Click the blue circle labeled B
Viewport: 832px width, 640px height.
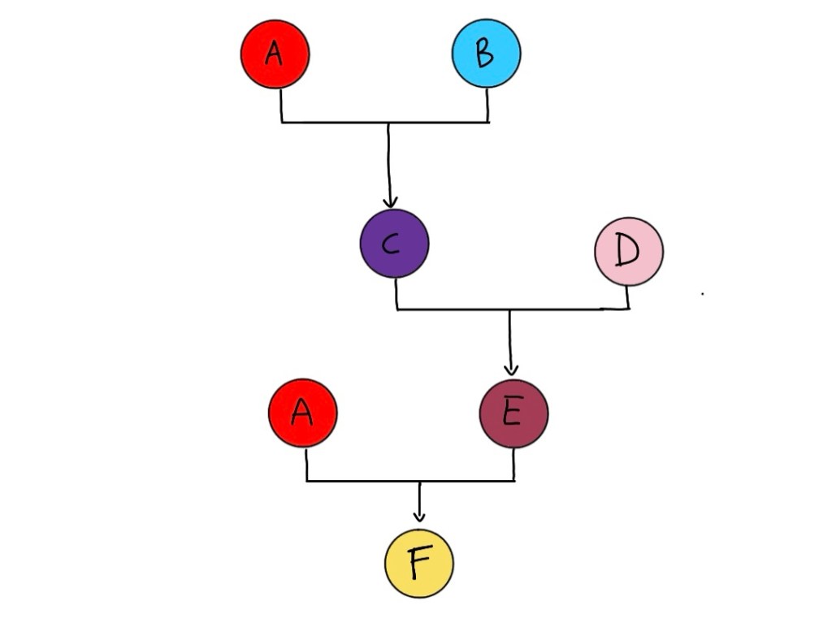pyautogui.click(x=486, y=53)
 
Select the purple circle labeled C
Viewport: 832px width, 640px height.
pyautogui.click(x=394, y=244)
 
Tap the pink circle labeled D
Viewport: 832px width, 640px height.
pyautogui.click(x=629, y=252)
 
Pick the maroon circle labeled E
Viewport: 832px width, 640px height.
pyautogui.click(x=513, y=413)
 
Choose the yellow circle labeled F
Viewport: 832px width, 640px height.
pyautogui.click(x=419, y=563)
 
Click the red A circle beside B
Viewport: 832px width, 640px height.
pyautogui.click(x=275, y=54)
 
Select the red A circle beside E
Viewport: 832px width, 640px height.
pyautogui.click(x=302, y=413)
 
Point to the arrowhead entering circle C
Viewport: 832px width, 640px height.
pyautogui.click(x=390, y=201)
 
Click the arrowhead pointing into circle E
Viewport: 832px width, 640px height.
pyautogui.click(x=511, y=370)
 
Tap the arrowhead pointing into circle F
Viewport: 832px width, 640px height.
pyautogui.click(x=419, y=517)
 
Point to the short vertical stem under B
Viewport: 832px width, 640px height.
pyautogui.click(x=487, y=105)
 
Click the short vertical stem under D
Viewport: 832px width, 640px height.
pyautogui.click(x=628, y=297)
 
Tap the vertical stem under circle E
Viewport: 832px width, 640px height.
pyautogui.click(x=514, y=464)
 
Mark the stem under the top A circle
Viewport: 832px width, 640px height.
pyautogui.click(x=281, y=105)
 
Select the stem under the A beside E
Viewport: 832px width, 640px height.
pyautogui.click(x=306, y=464)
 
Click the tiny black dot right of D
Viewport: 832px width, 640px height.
pyautogui.click(x=702, y=294)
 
